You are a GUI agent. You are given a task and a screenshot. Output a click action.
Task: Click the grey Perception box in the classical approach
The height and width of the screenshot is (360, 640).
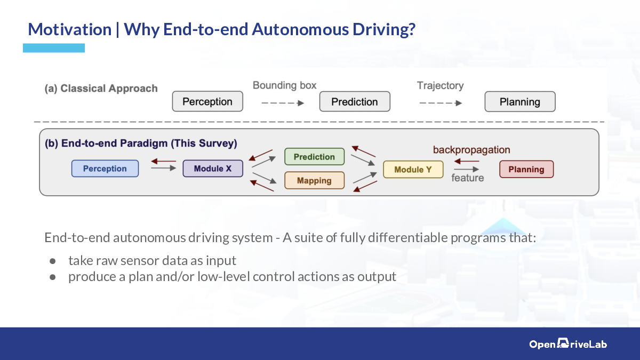[207, 101]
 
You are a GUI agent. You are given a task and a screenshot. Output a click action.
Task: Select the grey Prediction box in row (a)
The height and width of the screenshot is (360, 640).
[355, 101]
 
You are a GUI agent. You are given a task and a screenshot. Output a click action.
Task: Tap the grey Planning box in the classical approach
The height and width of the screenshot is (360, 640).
[520, 101]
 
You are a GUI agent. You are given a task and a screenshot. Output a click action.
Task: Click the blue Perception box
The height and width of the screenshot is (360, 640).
[105, 169]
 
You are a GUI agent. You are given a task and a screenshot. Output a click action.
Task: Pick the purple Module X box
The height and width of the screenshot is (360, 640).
[213, 169]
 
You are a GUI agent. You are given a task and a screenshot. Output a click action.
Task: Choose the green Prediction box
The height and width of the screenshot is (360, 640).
[314, 157]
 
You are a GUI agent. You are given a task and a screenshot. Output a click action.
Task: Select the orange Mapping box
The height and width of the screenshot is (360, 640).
[314, 180]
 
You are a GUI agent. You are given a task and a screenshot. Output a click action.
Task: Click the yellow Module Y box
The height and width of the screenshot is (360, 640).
[413, 170]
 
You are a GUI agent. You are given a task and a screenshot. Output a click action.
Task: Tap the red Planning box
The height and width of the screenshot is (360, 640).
[526, 169]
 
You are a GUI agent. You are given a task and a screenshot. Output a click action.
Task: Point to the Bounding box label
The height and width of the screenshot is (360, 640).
[285, 85]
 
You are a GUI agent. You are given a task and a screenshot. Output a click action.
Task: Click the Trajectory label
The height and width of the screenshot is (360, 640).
[441, 85]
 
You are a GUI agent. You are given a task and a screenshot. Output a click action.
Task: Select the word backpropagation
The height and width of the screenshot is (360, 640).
[471, 150]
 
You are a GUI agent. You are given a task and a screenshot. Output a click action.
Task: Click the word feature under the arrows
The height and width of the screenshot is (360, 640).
[467, 178]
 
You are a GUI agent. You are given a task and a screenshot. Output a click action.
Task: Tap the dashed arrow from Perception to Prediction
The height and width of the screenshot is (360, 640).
[283, 103]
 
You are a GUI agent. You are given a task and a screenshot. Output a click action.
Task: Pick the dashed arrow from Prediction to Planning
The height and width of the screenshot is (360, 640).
[441, 103]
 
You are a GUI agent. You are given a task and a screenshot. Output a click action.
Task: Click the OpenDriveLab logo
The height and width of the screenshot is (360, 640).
[568, 343]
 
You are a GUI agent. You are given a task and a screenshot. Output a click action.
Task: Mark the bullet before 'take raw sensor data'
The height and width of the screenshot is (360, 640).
[53, 261]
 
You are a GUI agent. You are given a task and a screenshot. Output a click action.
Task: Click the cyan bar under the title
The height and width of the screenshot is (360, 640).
[54, 48]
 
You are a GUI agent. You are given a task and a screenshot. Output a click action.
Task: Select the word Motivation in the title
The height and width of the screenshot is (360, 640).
[70, 29]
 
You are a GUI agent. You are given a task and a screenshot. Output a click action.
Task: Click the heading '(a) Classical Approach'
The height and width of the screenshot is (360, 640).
[101, 89]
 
